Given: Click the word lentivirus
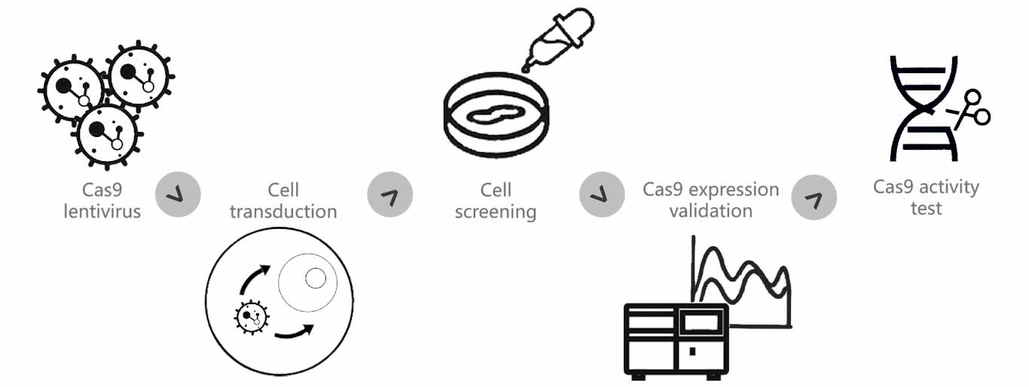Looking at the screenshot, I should coord(102,212).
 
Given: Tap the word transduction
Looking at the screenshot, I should coord(283,212).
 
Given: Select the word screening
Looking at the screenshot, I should coord(495,212).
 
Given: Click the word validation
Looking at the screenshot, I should coord(710,211).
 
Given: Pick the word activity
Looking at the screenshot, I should coord(950,187).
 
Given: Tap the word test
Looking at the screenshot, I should coord(926,208).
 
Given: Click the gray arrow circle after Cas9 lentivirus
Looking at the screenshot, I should coord(178,195).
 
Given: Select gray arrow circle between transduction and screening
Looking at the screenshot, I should coord(389,195).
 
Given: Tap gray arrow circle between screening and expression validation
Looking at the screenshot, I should coord(601,195).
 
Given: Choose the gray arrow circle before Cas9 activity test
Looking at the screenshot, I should coord(814,197).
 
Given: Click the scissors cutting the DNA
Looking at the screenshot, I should coord(972,110).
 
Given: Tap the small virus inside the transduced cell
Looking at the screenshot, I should coord(252,317).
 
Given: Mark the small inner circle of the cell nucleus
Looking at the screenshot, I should coord(315,279).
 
